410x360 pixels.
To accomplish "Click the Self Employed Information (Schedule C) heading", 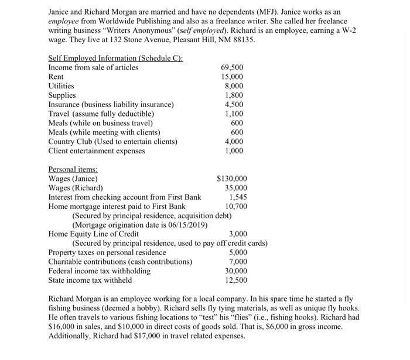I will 115,58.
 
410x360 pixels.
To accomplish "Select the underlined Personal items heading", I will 73,169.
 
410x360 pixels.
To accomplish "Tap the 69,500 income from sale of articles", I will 232,67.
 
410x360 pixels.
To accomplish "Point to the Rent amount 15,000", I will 232,77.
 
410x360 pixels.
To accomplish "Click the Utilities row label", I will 61,85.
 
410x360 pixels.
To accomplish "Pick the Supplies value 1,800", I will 234,95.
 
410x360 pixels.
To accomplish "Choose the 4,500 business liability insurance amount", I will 234,104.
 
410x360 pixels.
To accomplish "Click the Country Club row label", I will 112,141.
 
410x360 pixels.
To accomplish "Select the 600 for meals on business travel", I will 237,123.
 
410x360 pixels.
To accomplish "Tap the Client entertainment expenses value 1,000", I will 234,150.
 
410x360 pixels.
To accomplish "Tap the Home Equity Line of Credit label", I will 93,234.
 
